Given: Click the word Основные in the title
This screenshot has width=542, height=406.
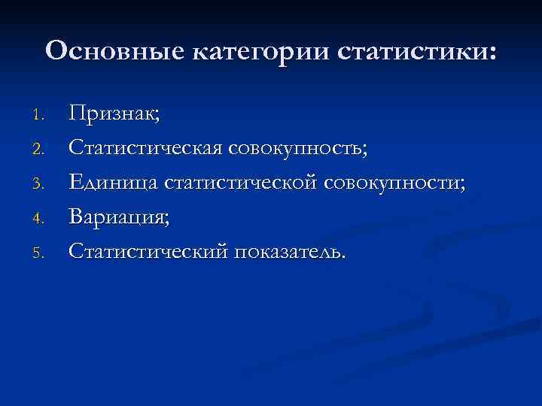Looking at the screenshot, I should [116, 51].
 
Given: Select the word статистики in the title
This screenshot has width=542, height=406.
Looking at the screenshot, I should [410, 51].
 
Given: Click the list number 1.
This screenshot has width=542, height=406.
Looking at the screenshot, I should [41, 115].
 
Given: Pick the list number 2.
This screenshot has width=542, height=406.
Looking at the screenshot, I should [41, 150].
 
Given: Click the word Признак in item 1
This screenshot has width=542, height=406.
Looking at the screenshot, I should [111, 114].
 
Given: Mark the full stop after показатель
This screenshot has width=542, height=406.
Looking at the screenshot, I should [345, 258].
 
